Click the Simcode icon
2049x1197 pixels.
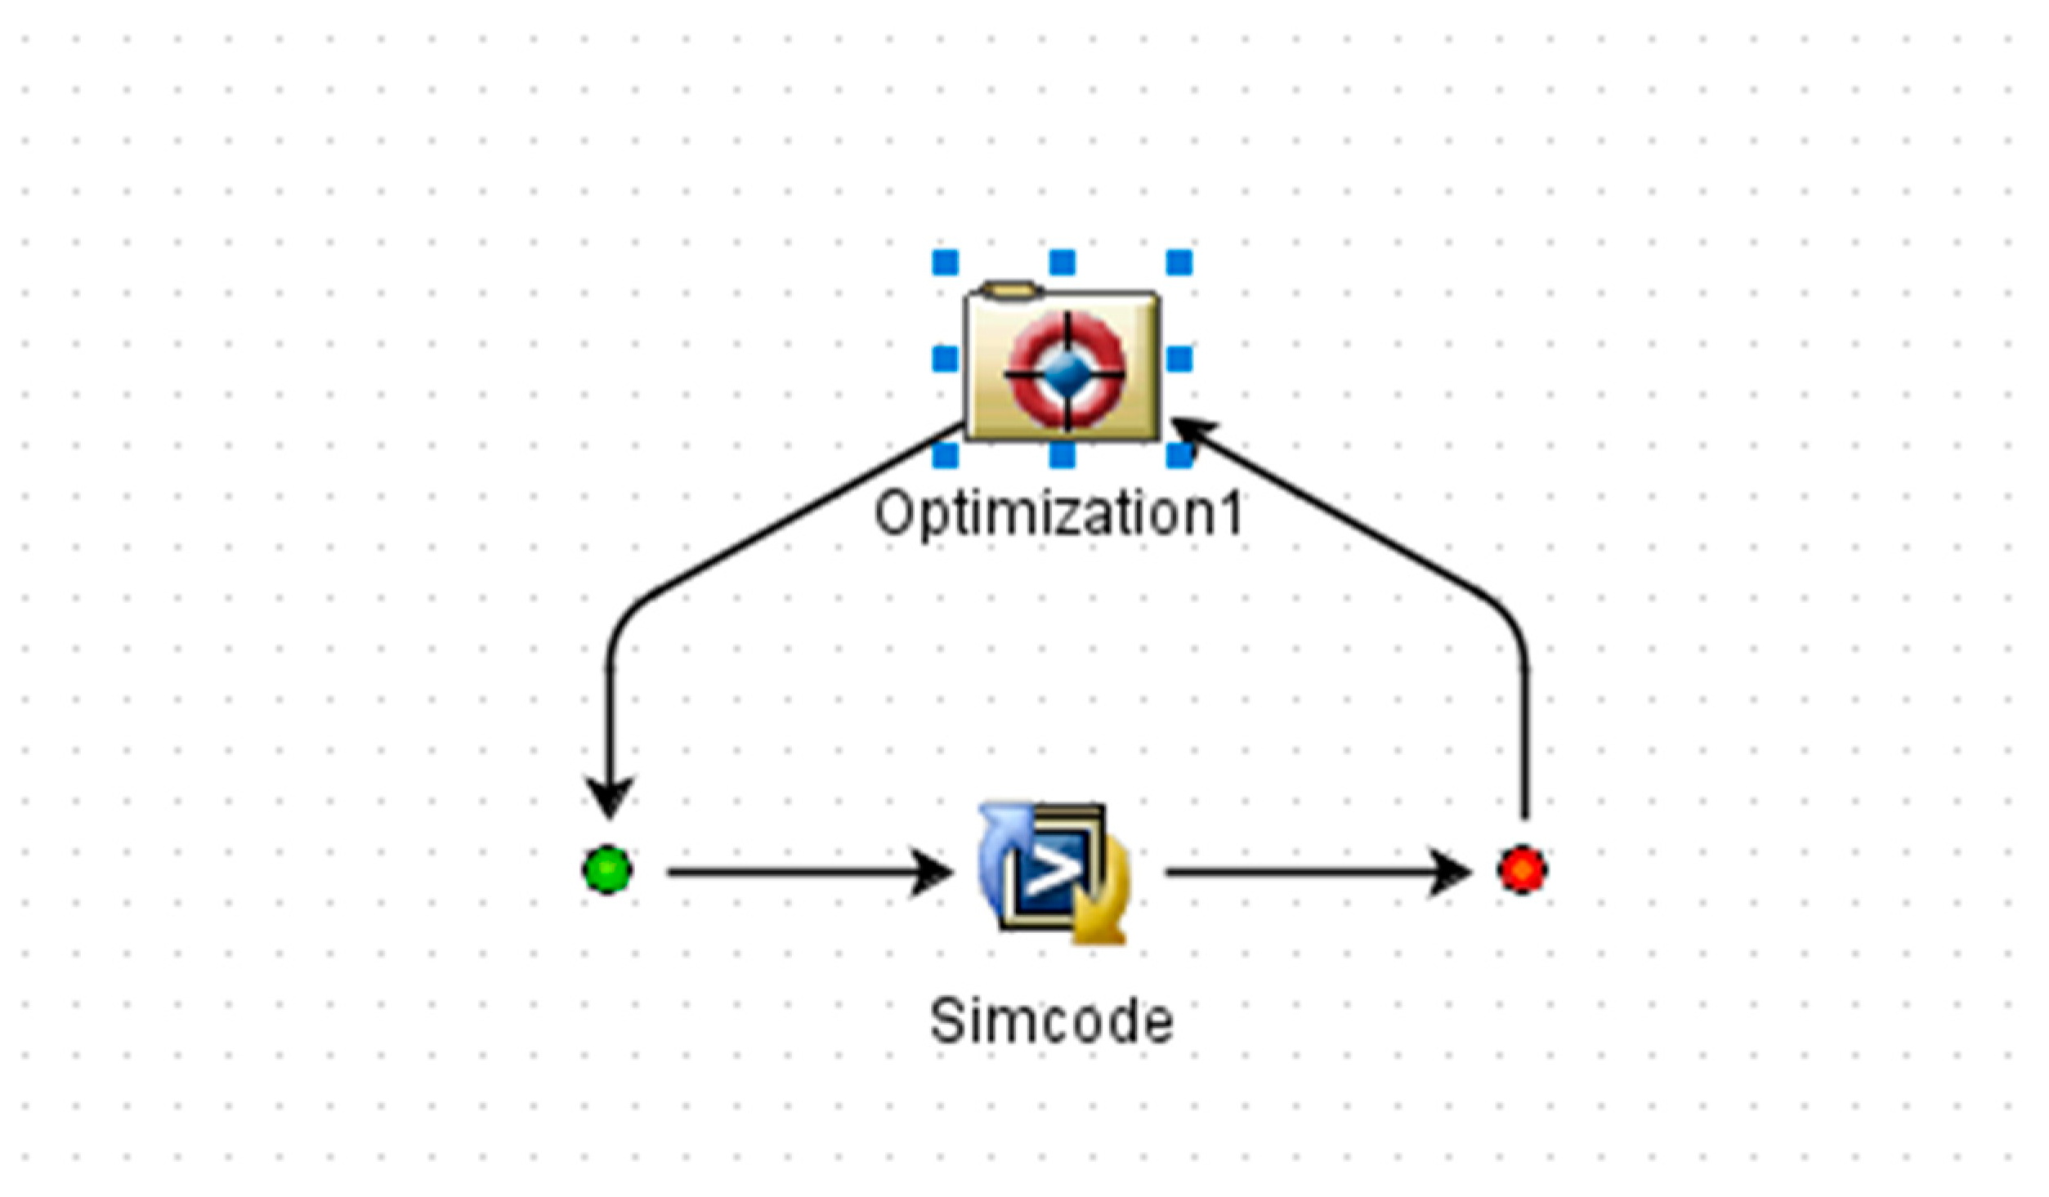pyautogui.click(x=1054, y=873)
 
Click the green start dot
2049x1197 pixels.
pyautogui.click(x=607, y=870)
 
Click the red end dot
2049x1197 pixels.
pyautogui.click(x=1522, y=869)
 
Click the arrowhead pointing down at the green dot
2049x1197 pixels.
pyautogui.click(x=609, y=797)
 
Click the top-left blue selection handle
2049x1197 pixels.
pyautogui.click(x=946, y=263)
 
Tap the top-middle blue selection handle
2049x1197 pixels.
pyautogui.click(x=1062, y=263)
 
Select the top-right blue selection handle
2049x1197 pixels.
pyautogui.click(x=1179, y=263)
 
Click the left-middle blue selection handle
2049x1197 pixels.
pyautogui.click(x=946, y=359)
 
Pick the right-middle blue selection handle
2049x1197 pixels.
pyautogui.click(x=1179, y=359)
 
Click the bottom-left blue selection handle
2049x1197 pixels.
pyautogui.click(x=946, y=455)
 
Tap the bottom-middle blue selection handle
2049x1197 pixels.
pyautogui.click(x=1062, y=455)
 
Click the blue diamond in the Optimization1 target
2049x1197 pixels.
pyautogui.click(x=1066, y=373)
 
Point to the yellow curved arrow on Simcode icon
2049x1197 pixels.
pyautogui.click(x=1103, y=911)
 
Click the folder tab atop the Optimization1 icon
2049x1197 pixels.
pyautogui.click(x=1011, y=288)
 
